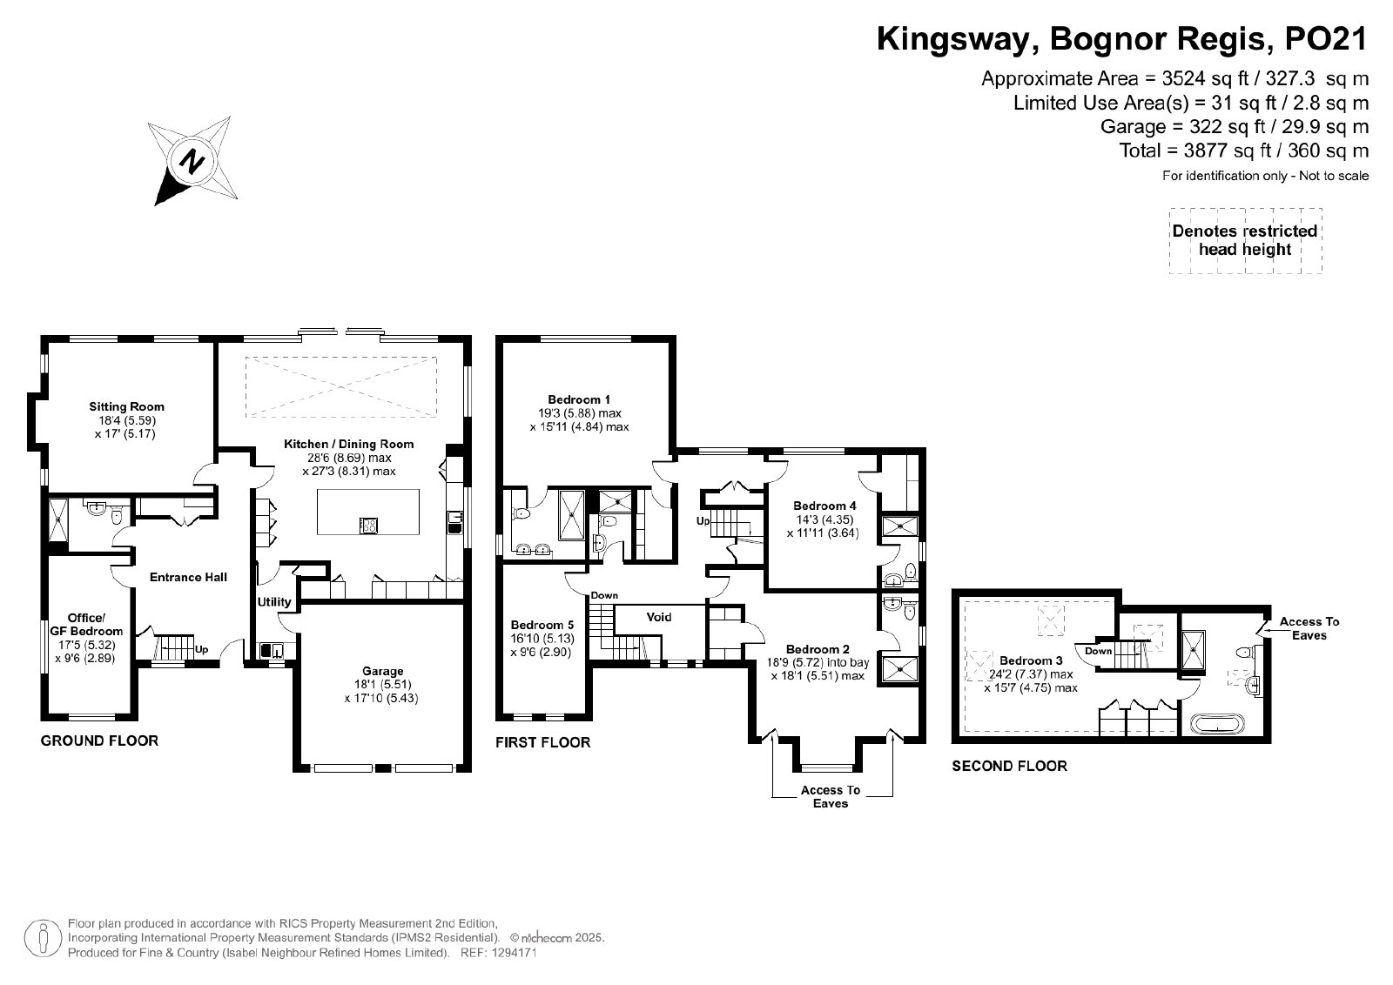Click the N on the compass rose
192,162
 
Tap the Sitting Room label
127,407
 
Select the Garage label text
382,671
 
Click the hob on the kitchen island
368,526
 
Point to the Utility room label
274,601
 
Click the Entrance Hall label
188,577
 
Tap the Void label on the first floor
658,617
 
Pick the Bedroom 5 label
542,625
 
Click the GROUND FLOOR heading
99,740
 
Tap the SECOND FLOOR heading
1009,767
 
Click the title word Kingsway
958,39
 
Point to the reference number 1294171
514,953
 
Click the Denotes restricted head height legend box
1245,240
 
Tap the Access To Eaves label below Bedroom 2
831,797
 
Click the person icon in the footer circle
43,938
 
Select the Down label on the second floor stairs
1098,651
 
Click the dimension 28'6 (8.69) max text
349,458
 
